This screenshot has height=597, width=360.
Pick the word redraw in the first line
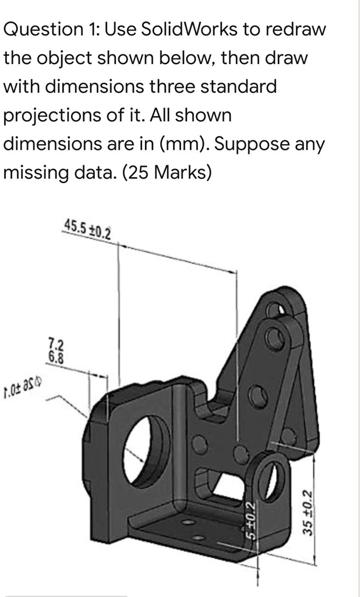click(297, 29)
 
